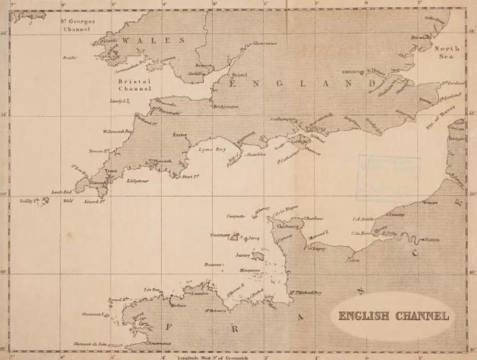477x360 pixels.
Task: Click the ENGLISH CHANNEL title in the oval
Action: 393,316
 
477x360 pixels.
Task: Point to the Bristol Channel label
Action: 134,85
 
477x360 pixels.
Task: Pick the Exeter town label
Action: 180,135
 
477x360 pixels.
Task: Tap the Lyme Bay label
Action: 212,149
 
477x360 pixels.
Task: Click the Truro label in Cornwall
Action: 110,171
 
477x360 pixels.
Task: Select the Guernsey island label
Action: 220,235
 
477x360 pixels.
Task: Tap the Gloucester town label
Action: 265,43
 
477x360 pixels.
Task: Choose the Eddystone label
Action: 138,181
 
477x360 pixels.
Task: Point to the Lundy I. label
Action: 118,101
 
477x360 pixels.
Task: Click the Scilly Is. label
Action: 30,201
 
